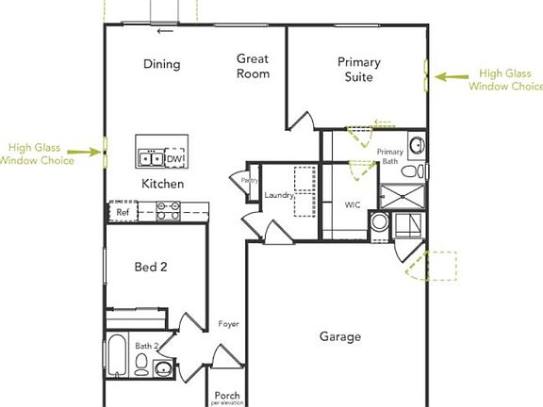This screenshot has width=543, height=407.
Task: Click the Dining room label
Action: [x=161, y=64]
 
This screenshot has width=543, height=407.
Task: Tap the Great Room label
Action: [x=253, y=66]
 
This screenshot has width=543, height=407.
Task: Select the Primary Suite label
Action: [x=359, y=70]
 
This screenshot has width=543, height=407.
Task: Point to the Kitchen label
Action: [x=163, y=184]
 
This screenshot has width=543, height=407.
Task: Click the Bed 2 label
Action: [x=151, y=268]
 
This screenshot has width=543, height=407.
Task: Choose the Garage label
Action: [x=339, y=336]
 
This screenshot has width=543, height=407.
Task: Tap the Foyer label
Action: [x=228, y=324]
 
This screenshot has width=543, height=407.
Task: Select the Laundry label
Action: [x=279, y=196]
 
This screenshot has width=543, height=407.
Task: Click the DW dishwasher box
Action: [x=175, y=159]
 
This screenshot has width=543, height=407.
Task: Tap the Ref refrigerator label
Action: [x=122, y=213]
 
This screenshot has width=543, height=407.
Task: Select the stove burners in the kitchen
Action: [x=169, y=213]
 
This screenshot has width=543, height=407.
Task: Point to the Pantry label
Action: [x=250, y=180]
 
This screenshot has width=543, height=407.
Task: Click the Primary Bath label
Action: [x=389, y=156]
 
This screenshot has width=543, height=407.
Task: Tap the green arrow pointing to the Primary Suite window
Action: [x=451, y=79]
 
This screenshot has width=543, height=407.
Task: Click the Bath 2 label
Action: [x=147, y=347]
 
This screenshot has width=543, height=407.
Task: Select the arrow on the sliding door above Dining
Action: [x=166, y=31]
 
